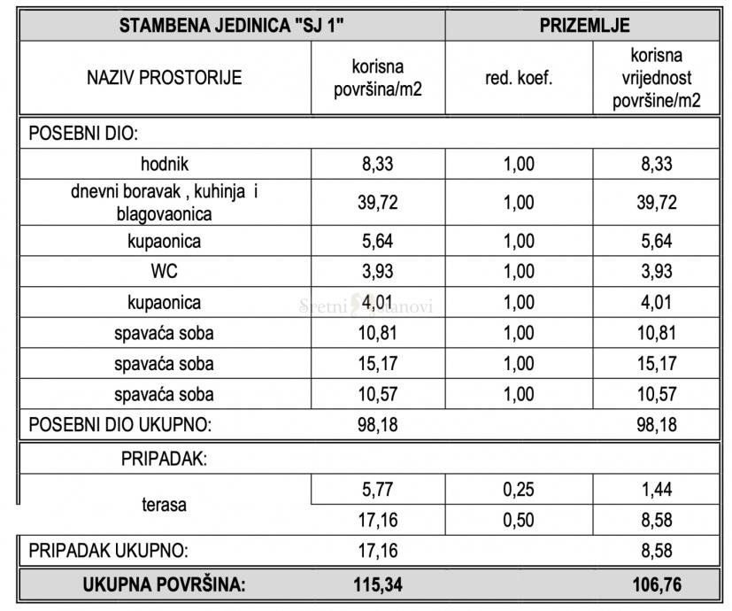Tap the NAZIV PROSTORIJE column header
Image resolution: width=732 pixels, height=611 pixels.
coord(165,78)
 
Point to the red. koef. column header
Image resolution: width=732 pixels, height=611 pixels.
coord(519,78)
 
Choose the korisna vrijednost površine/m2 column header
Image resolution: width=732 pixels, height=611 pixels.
coord(657,78)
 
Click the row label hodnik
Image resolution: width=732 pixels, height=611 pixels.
coord(165,164)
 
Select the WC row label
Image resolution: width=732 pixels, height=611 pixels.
coord(165,272)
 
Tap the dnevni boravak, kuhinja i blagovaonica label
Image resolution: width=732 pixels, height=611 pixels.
coord(165,203)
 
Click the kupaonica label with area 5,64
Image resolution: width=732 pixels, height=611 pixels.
coord(165,241)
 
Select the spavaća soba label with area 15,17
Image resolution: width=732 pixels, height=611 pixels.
coord(165,364)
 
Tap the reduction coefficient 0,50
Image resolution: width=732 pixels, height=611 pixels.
coord(519,520)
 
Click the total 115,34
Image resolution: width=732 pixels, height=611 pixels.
coord(378,584)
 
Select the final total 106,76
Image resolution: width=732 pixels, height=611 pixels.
coord(657,584)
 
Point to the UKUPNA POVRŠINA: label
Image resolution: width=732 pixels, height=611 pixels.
coord(165,584)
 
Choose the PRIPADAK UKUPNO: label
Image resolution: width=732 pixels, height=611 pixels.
coord(109,551)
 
